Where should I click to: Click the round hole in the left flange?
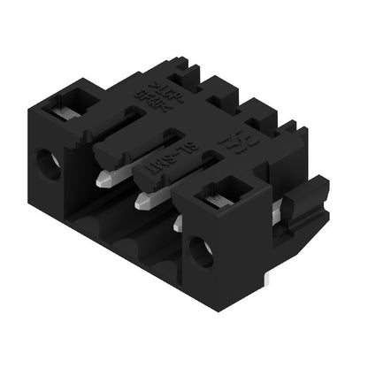(x=50, y=165)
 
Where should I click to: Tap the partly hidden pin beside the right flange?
(x=178, y=225)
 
